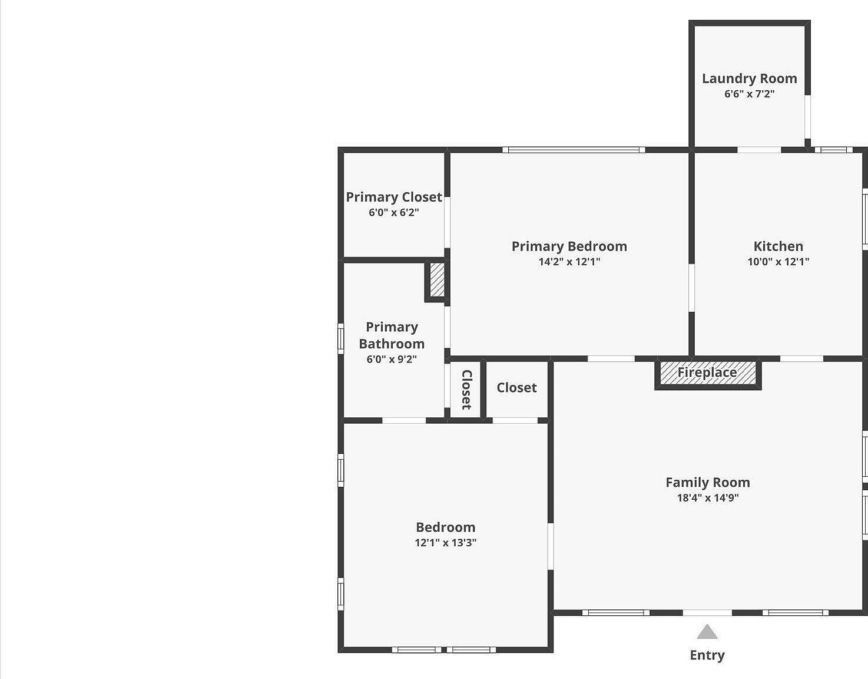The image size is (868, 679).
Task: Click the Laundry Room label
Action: pyautogui.click(x=749, y=78)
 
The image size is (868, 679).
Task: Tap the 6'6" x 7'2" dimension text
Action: pyautogui.click(x=749, y=94)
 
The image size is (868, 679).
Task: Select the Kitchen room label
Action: pyautogui.click(x=778, y=246)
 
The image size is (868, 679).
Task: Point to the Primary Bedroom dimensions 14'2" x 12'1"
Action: pyautogui.click(x=569, y=262)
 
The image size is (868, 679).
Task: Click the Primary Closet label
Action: pyautogui.click(x=393, y=197)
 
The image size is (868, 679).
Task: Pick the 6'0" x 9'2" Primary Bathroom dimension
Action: pyautogui.click(x=392, y=359)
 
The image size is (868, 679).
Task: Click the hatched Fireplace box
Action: pyautogui.click(x=707, y=373)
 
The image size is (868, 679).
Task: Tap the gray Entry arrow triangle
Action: pyautogui.click(x=707, y=632)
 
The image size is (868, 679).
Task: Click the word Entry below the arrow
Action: pyautogui.click(x=707, y=655)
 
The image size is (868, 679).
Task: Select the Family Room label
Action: pyautogui.click(x=707, y=482)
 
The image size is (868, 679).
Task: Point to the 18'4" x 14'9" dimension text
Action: pyautogui.click(x=707, y=497)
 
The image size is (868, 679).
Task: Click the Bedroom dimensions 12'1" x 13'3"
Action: pyautogui.click(x=445, y=543)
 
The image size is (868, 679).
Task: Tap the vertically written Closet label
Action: pyautogui.click(x=466, y=390)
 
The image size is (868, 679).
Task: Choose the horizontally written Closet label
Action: pyautogui.click(x=516, y=387)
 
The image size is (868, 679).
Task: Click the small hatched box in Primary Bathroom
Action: pyautogui.click(x=436, y=280)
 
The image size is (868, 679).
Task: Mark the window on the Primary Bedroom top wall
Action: pyautogui.click(x=574, y=150)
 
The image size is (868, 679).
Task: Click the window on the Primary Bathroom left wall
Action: pyautogui.click(x=340, y=339)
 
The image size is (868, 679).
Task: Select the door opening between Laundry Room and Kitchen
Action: pyautogui.click(x=759, y=150)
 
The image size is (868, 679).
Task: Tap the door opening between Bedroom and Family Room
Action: pyautogui.click(x=551, y=546)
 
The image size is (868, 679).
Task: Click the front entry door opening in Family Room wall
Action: pyautogui.click(x=707, y=613)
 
